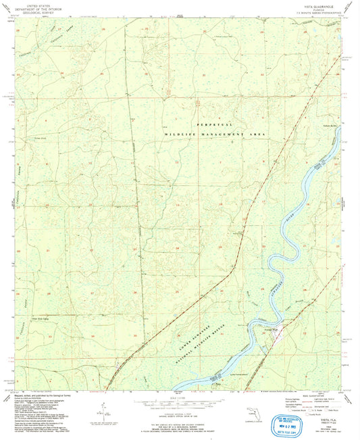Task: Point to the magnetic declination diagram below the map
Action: [101, 410]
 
